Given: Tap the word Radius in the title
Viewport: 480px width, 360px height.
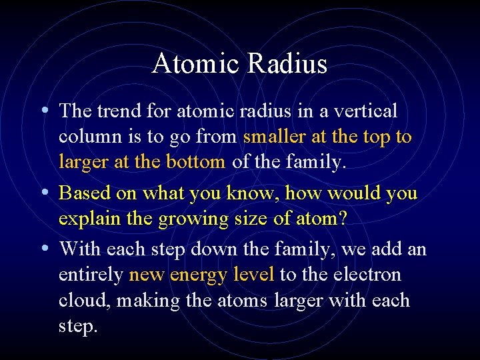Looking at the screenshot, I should tap(288, 64).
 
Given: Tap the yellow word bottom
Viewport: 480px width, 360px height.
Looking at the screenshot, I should tap(196, 162).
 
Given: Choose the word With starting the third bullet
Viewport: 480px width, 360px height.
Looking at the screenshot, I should tap(79, 249).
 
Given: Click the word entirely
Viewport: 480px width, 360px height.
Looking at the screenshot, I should tap(91, 275).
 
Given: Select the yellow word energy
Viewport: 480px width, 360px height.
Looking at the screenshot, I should tap(199, 275).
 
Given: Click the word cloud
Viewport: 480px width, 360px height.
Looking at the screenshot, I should tap(85, 300).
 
